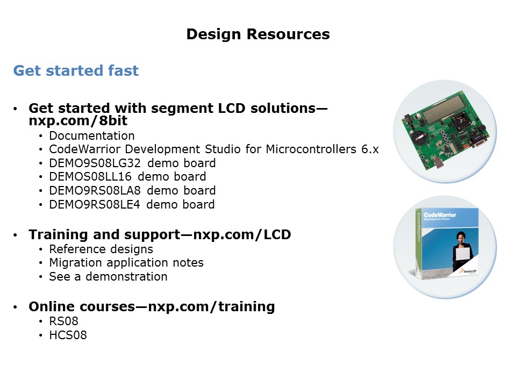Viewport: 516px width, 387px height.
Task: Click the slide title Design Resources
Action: [x=258, y=34]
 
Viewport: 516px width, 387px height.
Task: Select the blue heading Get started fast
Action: [x=76, y=70]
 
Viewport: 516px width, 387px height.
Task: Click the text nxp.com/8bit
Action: [x=78, y=121]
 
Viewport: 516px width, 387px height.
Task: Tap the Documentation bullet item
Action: [x=92, y=135]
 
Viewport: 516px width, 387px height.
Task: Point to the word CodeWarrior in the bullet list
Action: [x=85, y=149]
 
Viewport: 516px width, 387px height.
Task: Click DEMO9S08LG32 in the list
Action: [x=95, y=163]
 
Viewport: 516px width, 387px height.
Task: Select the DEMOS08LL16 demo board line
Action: [x=128, y=177]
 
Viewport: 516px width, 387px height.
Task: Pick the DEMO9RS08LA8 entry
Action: [x=95, y=190]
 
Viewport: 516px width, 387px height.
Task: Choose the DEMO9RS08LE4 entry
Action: [x=95, y=204]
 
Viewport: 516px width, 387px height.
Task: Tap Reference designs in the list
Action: [x=101, y=249]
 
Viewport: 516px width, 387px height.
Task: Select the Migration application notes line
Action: [x=126, y=263]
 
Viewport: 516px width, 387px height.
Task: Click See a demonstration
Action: [x=108, y=276]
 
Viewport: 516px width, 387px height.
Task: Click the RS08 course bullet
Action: [x=64, y=321]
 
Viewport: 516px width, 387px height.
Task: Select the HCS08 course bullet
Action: [x=68, y=335]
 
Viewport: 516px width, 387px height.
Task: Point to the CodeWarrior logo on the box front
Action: [x=440, y=215]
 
